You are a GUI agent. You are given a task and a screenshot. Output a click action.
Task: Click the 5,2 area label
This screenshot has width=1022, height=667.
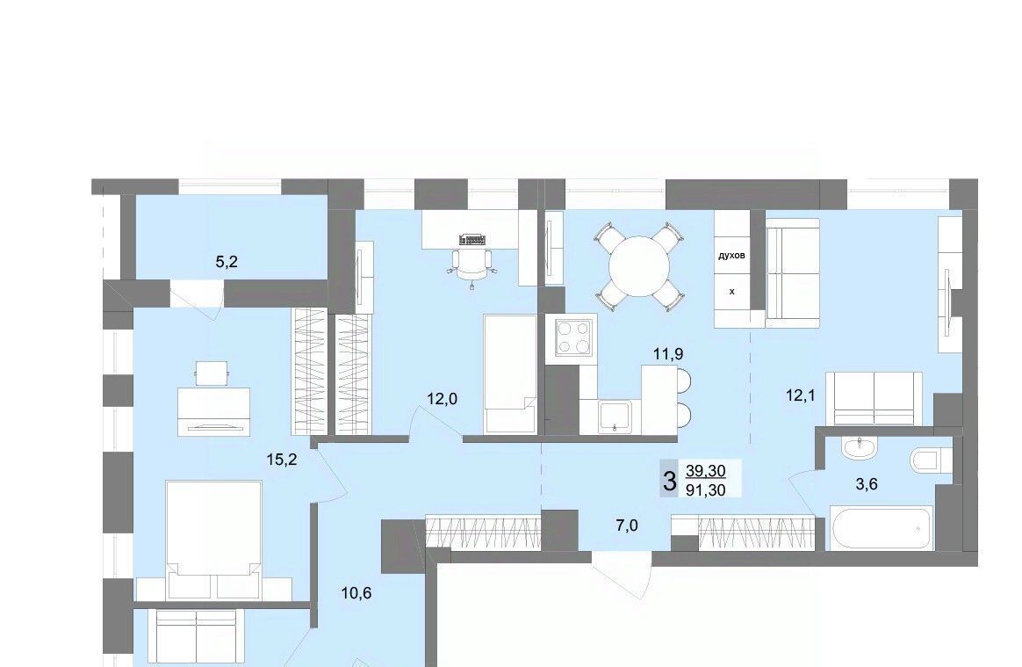[x=227, y=263]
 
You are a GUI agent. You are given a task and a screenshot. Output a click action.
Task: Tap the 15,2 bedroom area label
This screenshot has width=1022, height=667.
[x=282, y=460]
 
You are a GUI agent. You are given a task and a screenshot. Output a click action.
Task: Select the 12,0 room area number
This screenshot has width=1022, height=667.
[x=442, y=398]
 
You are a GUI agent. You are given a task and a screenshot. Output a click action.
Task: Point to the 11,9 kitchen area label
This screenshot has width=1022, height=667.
[x=668, y=354]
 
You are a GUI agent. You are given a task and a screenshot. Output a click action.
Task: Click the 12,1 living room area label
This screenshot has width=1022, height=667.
[x=801, y=395]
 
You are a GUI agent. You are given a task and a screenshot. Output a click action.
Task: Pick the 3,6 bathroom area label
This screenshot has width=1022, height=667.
[x=867, y=483]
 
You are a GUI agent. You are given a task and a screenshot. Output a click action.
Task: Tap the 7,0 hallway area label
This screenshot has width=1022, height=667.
[x=626, y=526]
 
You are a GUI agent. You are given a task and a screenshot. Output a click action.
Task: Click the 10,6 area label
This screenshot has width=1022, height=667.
[x=356, y=593]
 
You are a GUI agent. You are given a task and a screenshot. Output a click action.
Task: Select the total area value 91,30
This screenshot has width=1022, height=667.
[x=705, y=489]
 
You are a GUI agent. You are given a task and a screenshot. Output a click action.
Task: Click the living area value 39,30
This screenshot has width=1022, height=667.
[x=705, y=470]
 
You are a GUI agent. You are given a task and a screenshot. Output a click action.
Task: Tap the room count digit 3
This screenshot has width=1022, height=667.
[x=669, y=482]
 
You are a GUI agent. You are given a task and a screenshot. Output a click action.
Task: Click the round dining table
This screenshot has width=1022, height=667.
[x=639, y=266]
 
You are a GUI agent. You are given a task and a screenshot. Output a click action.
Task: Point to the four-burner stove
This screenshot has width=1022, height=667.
[x=575, y=337]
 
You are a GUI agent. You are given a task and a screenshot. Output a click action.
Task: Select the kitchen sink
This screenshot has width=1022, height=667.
[x=615, y=417]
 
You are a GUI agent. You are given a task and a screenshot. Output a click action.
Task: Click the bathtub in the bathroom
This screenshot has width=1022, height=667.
[x=882, y=528]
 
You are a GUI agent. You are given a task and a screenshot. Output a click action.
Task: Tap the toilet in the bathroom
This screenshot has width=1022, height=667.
[x=925, y=460]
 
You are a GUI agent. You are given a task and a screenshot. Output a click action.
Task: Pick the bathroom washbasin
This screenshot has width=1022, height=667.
[x=860, y=448]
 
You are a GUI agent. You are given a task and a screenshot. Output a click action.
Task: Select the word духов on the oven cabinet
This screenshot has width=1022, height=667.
[x=731, y=255]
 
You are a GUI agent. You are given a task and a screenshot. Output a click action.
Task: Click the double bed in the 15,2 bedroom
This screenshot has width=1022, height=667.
[x=213, y=540]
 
